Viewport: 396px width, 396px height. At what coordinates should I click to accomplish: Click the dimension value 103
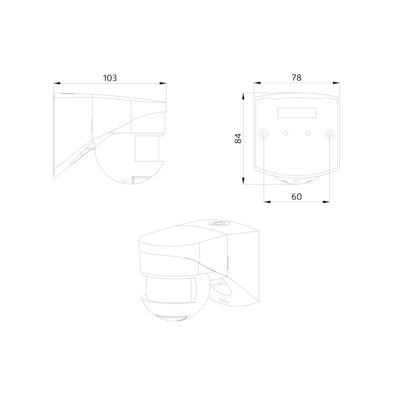(x=110, y=78)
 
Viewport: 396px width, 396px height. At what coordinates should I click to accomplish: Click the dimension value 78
(x=297, y=78)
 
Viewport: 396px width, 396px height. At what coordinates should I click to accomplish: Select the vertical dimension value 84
(x=238, y=139)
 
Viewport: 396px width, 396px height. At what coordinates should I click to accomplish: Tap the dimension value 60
(x=297, y=196)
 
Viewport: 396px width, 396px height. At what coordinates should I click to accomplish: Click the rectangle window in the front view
(x=297, y=113)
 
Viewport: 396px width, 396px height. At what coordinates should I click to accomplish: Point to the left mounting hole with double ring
(x=264, y=134)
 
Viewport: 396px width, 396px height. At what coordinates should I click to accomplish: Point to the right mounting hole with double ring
(x=329, y=134)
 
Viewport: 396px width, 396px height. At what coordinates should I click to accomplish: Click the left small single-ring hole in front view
(x=286, y=133)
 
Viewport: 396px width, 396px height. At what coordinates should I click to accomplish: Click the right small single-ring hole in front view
(x=308, y=133)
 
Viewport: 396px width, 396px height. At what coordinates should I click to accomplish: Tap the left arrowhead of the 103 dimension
(x=57, y=83)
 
